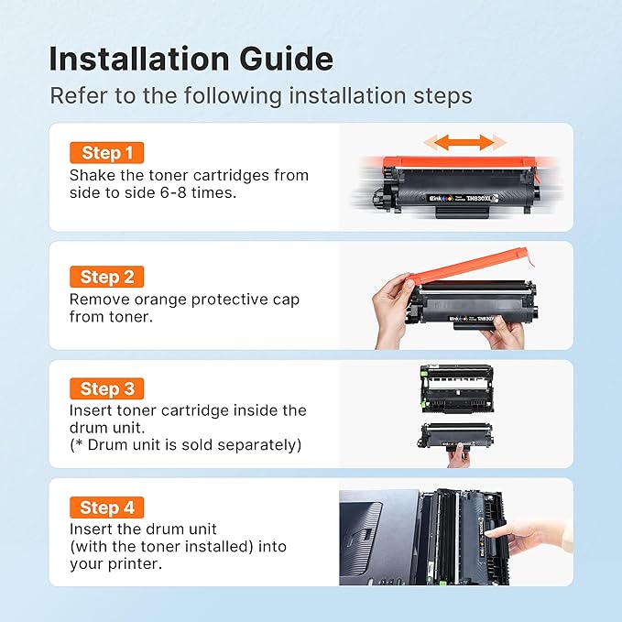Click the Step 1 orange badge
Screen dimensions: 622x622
coord(106,153)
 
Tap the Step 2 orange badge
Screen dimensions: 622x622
coord(106,276)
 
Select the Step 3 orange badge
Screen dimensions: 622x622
coord(106,389)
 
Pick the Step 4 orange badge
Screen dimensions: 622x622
coord(106,507)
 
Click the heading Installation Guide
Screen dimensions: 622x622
coord(191,60)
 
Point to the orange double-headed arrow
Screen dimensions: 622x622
coord(464,142)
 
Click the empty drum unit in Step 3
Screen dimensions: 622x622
coord(456,386)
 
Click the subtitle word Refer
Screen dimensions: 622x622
coord(72,95)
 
